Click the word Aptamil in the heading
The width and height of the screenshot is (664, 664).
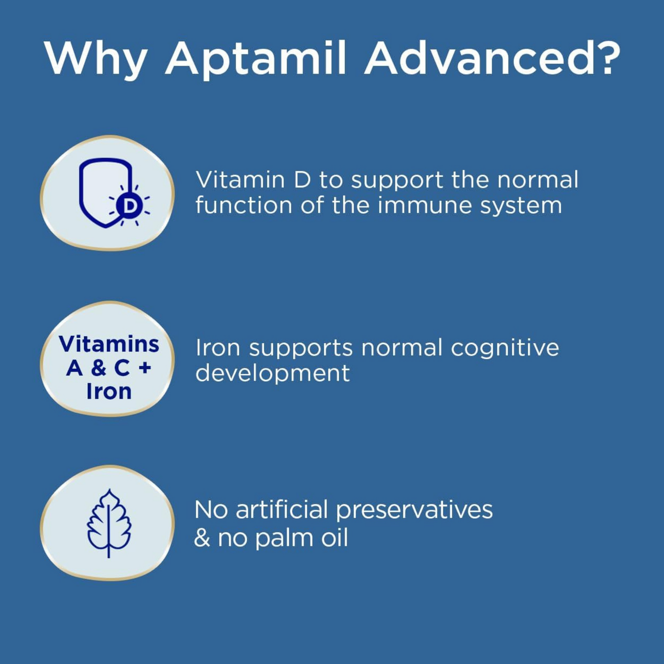pos(255,59)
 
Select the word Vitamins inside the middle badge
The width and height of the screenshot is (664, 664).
pos(109,344)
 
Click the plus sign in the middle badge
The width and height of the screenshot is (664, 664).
pos(145,368)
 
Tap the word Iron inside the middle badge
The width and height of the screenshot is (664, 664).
pos(109,392)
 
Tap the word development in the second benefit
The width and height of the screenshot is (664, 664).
pos(272,373)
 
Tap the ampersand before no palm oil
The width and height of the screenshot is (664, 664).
pos(202,538)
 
